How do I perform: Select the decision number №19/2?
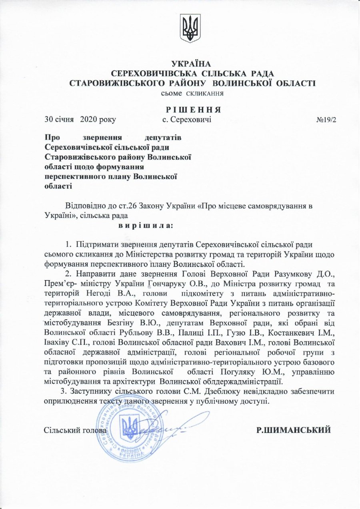coord(326,119)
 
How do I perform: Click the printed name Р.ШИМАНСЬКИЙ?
coord(294,430)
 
